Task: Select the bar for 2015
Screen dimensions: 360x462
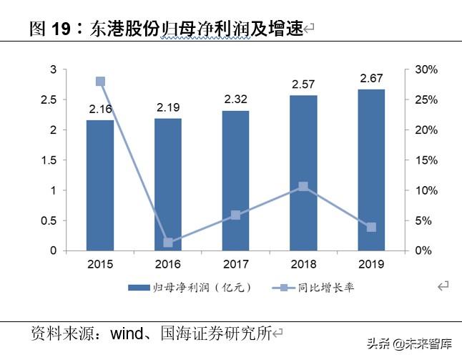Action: click(100, 185)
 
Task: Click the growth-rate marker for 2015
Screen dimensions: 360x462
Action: click(100, 82)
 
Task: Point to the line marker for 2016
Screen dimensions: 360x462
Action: click(168, 243)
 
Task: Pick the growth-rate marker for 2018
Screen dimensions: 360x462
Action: click(303, 187)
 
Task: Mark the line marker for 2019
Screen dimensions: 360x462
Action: click(371, 227)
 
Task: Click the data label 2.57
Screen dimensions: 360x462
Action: click(303, 86)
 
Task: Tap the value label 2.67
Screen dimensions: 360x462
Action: click(371, 77)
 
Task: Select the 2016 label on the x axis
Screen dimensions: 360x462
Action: click(168, 264)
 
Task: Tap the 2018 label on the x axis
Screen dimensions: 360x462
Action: click(303, 264)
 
